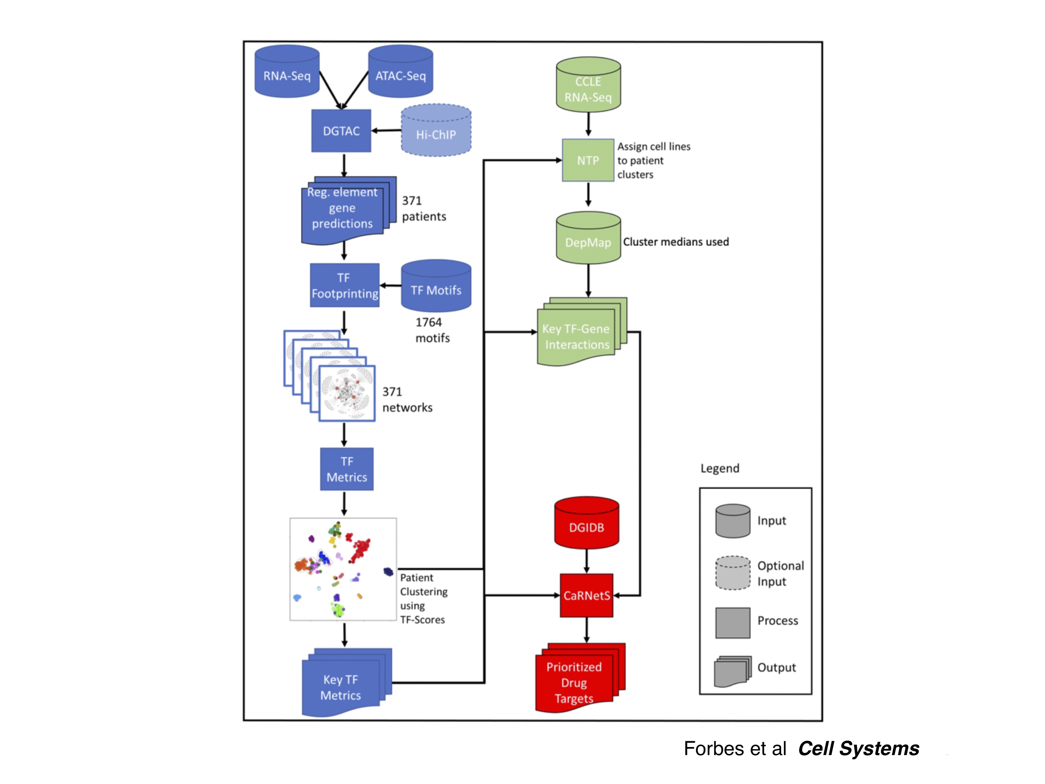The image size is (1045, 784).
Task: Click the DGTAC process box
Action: [x=341, y=131]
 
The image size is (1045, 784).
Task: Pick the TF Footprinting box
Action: [x=344, y=285]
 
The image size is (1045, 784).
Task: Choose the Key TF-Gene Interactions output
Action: [x=576, y=335]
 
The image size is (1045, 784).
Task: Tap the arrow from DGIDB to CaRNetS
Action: [x=586, y=561]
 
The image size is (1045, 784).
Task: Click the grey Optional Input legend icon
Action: [x=732, y=573]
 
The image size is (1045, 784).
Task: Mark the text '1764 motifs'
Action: [x=432, y=330]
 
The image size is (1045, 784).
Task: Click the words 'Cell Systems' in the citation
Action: [x=858, y=748]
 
